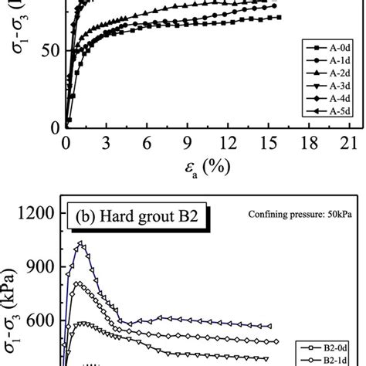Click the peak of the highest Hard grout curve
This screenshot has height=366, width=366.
pos(80,244)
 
